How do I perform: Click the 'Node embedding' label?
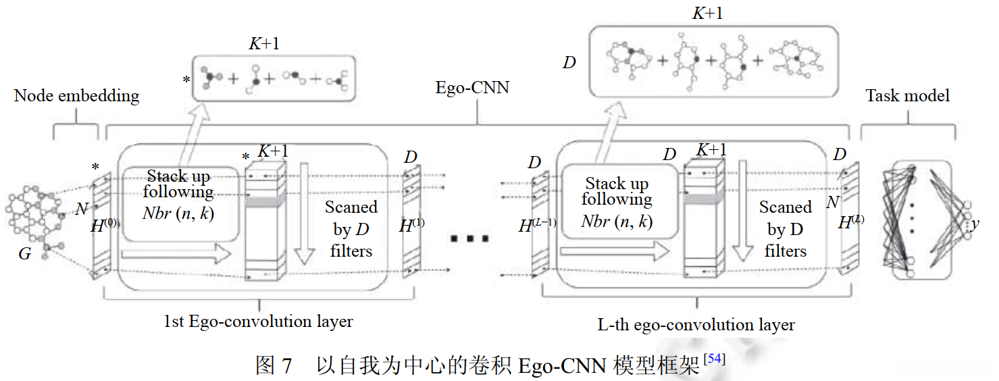[x=76, y=96]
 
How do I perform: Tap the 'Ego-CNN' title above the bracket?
[x=472, y=87]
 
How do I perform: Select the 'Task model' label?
[x=907, y=96]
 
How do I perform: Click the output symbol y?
[x=975, y=224]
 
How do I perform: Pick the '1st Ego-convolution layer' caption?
[x=258, y=321]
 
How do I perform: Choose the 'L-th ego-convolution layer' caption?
[x=696, y=324]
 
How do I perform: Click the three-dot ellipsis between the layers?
[x=470, y=238]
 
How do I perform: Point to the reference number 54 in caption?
[x=715, y=359]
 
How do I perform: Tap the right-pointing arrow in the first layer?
[x=176, y=255]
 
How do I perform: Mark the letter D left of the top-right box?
[x=569, y=63]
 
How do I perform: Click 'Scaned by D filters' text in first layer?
[x=351, y=229]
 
